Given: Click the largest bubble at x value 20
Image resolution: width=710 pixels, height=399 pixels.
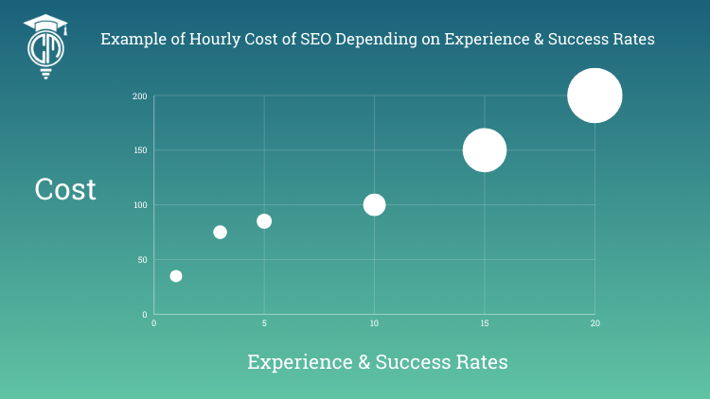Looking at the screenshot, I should [x=595, y=95].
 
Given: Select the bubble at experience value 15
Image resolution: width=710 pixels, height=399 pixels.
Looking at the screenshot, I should [x=485, y=150].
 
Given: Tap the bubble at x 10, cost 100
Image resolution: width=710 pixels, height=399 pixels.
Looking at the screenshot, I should [x=375, y=204].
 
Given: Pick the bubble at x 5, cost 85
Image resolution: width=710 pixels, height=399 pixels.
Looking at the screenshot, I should [x=264, y=221].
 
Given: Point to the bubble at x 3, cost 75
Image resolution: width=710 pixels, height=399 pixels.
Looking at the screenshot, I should [x=221, y=232].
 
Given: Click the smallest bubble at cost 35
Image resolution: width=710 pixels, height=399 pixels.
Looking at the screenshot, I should [x=176, y=276].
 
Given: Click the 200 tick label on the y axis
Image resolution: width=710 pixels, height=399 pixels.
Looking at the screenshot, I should [x=139, y=96].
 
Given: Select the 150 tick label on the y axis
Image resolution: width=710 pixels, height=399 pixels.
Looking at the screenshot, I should [x=139, y=150].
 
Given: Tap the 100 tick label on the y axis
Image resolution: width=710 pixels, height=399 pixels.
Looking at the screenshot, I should [x=139, y=205].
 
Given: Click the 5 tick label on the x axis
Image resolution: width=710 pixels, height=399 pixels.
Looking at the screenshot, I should [x=264, y=324].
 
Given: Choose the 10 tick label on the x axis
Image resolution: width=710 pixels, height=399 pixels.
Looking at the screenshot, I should [x=375, y=324].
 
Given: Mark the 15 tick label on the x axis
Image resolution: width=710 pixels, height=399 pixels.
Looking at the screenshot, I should [x=485, y=324].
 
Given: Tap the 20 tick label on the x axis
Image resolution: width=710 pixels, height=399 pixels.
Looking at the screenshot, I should [x=595, y=324].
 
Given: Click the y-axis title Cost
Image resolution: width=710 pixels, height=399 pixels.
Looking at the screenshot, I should [x=65, y=189].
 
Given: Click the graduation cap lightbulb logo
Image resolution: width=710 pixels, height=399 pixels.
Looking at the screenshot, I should [x=44, y=46].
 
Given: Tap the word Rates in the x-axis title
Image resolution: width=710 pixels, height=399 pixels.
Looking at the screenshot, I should [x=478, y=362].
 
